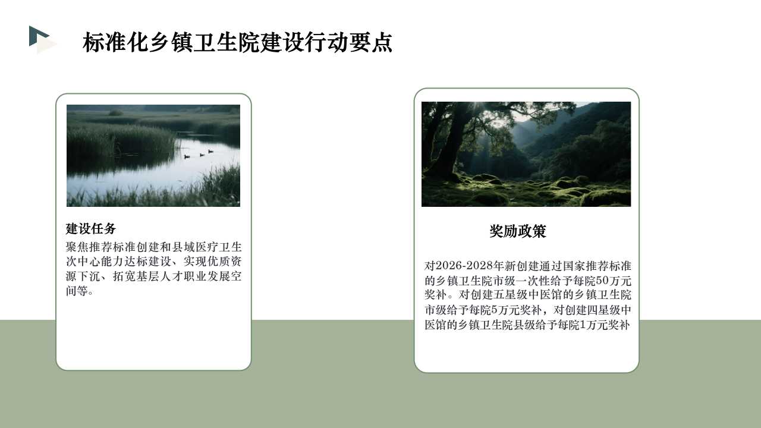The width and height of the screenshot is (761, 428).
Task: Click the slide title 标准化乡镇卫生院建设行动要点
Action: pyautogui.click(x=237, y=43)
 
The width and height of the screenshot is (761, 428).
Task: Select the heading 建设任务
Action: pyautogui.click(x=91, y=229)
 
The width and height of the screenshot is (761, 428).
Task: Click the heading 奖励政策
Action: pyautogui.click(x=517, y=231)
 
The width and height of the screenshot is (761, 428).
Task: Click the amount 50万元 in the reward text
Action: pyautogui.click(x=614, y=281)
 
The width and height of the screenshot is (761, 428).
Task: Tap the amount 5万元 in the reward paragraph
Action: pyautogui.click(x=505, y=310)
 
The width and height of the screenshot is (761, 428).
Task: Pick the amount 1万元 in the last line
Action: pyautogui.click(x=593, y=325)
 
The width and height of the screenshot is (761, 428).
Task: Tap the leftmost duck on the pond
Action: pyautogui.click(x=187, y=156)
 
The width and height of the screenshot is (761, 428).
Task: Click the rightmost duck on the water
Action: pyautogui.click(x=210, y=151)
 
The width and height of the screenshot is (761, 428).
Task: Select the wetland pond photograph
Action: pyautogui.click(x=153, y=156)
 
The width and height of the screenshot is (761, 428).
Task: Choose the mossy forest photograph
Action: pyautogui.click(x=526, y=154)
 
